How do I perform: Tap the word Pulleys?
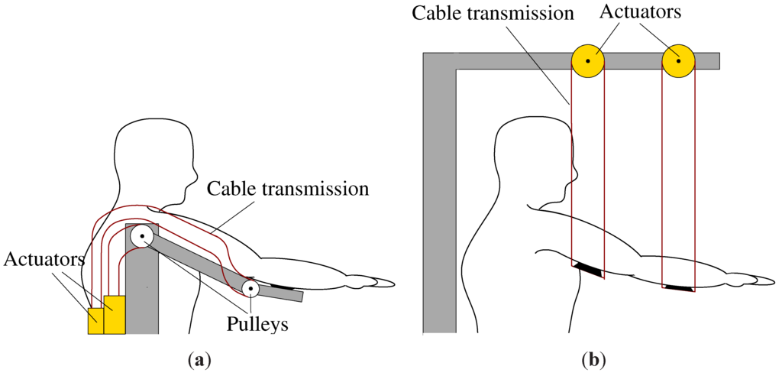pos(257,323)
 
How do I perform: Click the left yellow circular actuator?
pos(588,60)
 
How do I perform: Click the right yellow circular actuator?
pos(677,60)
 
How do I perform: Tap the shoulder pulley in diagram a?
pos(142,236)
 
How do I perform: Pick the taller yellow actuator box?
pos(115,314)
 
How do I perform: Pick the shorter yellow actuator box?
pos(95,321)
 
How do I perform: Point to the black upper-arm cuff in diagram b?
pos(588,268)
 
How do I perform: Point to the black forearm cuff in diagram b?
pos(678,288)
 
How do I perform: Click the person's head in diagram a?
pos(153,157)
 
